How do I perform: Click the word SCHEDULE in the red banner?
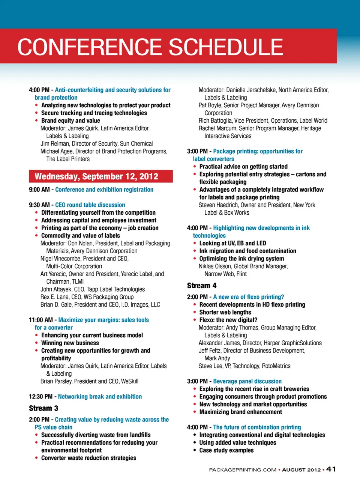click(226, 47)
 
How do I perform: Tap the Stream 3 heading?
click(43, 408)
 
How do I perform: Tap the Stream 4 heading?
click(202, 286)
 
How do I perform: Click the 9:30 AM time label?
click(39, 205)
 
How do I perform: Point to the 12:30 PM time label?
click(40, 397)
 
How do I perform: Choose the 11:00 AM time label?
click(40, 320)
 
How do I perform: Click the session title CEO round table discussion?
click(90, 205)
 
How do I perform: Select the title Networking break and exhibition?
click(100, 397)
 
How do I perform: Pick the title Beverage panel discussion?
click(247, 381)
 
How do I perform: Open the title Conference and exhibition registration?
click(104, 190)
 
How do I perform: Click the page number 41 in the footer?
click(331, 469)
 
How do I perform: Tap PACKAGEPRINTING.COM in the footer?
click(243, 470)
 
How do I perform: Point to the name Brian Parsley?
click(56, 381)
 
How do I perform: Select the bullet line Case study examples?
click(226, 450)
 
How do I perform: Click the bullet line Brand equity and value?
click(70, 121)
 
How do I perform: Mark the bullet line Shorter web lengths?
click(225, 312)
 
